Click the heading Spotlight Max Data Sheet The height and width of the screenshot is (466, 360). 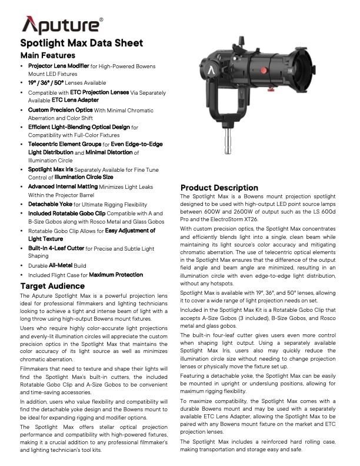[82, 43]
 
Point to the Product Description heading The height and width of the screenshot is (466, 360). [219, 188]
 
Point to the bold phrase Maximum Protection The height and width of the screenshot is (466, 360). [116, 274]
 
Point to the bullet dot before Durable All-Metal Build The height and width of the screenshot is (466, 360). [22, 266]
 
